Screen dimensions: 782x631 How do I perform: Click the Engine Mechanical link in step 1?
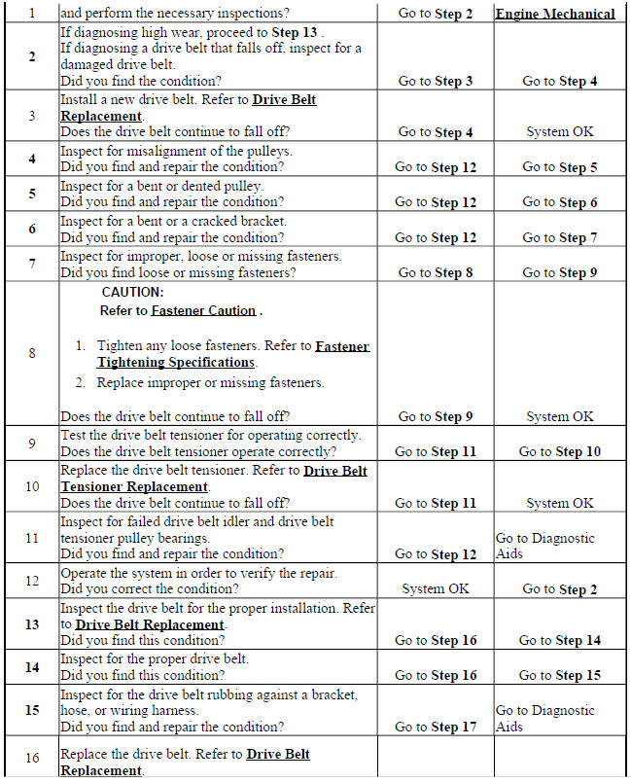click(x=555, y=14)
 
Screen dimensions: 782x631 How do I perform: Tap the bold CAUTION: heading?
click(x=132, y=292)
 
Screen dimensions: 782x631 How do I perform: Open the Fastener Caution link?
click(x=203, y=311)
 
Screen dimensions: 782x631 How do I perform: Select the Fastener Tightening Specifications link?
click(x=232, y=354)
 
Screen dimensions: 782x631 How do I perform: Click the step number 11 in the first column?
click(x=31, y=538)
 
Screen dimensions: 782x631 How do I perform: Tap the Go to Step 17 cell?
click(x=436, y=727)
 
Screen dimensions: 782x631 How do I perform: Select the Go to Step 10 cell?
click(x=559, y=451)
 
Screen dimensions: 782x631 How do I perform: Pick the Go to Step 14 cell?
click(x=559, y=640)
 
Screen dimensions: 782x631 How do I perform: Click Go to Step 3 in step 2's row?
click(x=436, y=81)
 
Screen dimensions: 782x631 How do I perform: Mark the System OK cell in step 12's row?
click(x=436, y=588)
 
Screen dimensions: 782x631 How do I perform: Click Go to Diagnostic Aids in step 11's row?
click(x=544, y=546)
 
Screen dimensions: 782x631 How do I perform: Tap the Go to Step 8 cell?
click(x=436, y=273)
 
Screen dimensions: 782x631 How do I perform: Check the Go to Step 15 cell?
click(x=559, y=675)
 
